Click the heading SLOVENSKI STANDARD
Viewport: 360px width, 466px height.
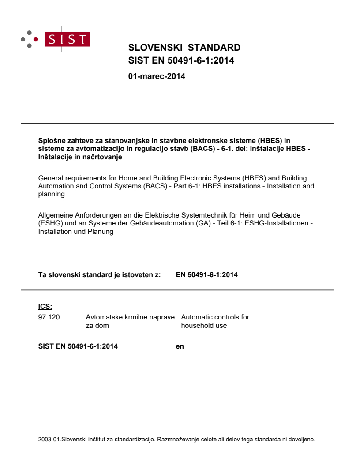tap(184, 48)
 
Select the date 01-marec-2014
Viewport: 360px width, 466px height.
tap(157, 76)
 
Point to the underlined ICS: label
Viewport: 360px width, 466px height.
tap(45, 307)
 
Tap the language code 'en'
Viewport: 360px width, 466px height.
tap(180, 346)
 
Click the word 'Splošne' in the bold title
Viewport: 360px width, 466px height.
tap(52, 141)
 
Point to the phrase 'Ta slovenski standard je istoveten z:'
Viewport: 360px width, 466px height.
tap(100, 275)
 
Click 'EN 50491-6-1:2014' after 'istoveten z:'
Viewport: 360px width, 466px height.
tap(207, 275)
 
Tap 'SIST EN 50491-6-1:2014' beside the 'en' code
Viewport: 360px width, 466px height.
tap(78, 346)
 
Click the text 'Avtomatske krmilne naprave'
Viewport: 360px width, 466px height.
tap(130, 317)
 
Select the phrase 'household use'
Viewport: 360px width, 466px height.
tap(204, 326)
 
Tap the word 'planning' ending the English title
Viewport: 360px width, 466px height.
tap(52, 194)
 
